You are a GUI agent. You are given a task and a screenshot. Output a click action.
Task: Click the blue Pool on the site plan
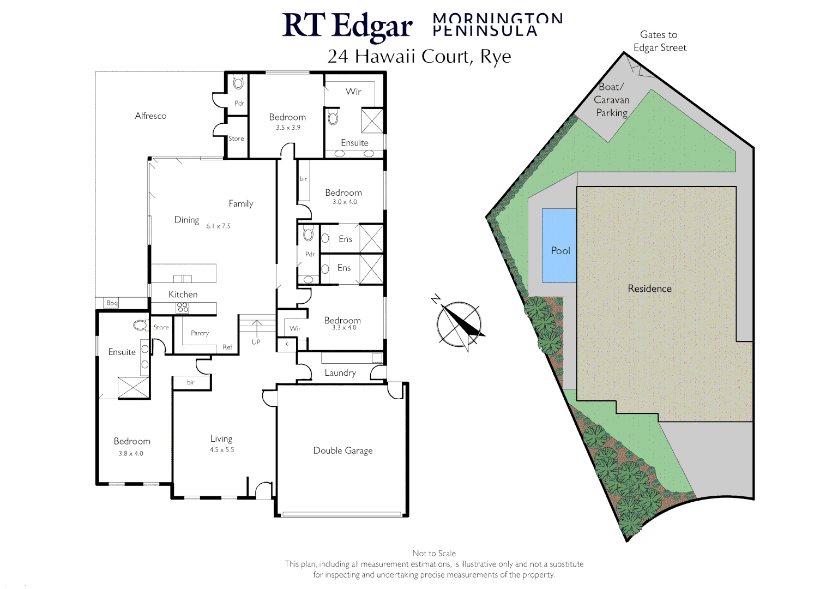pos(559,245)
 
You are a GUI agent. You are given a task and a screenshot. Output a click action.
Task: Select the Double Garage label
pos(343,450)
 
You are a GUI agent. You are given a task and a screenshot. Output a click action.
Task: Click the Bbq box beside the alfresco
pos(112,303)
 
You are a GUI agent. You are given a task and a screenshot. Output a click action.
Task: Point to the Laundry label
pos(340,373)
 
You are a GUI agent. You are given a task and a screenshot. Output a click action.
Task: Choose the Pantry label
pos(200,333)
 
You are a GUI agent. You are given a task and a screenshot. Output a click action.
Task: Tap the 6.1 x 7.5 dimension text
pos(218,226)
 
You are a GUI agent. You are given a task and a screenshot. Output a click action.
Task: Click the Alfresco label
pos(150,116)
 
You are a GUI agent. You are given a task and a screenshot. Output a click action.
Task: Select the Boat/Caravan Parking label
pos(611,100)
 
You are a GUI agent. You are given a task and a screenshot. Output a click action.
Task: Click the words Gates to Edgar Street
pos(659,41)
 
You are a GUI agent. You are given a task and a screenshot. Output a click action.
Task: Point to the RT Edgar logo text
pos(347,26)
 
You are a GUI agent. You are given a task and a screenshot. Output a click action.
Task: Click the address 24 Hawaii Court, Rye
pos(419,56)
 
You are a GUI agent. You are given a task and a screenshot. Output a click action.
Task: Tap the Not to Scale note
pos(434,553)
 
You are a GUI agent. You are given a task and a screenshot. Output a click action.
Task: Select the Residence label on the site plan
pos(649,289)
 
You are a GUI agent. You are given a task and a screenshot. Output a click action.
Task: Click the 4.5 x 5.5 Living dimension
pos(222,450)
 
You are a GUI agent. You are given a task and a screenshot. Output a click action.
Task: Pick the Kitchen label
pos(183,294)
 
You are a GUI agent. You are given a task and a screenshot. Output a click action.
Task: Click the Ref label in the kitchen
pos(227,347)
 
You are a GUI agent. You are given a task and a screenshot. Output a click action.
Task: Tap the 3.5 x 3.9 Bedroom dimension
pos(288,128)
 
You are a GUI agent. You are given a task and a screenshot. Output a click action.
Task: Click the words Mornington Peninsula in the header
pos(497,25)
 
